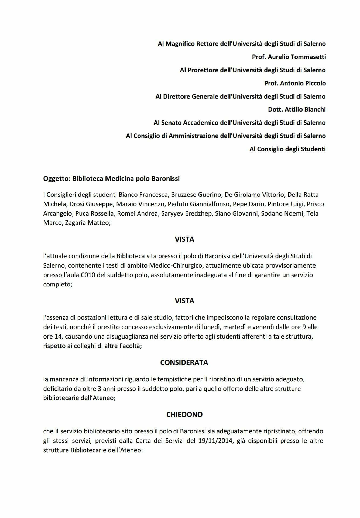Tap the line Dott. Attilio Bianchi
pyautogui.click(x=297, y=109)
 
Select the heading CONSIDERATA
pyautogui.click(x=184, y=362)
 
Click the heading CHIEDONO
pyautogui.click(x=184, y=414)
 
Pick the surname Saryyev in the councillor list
pyautogui.click(x=172, y=213)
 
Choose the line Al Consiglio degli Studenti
pyautogui.click(x=287, y=149)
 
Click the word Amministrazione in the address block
pyautogui.click(x=194, y=136)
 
